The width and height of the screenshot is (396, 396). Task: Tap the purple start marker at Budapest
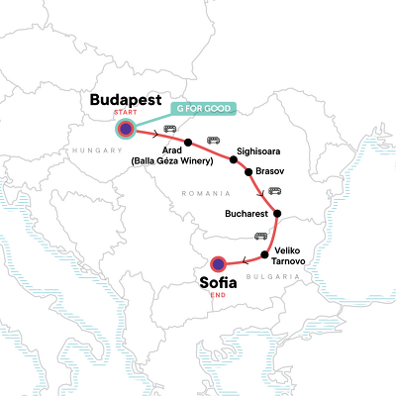[x=126, y=129]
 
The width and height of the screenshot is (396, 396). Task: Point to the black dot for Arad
[x=187, y=142]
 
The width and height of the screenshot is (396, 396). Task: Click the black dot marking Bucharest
[x=277, y=214]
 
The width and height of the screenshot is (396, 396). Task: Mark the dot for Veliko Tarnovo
[x=264, y=255]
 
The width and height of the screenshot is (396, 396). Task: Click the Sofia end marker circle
[x=219, y=263]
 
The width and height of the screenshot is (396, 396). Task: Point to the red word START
[x=126, y=114]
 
